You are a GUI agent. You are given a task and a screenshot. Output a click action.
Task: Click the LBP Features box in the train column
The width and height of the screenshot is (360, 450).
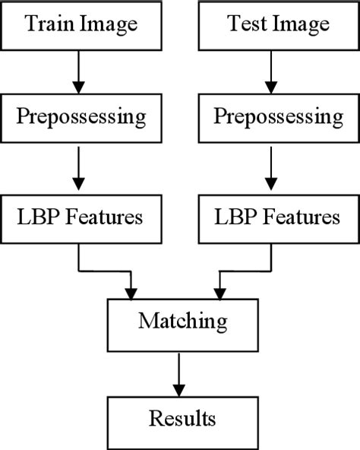coord(81,219)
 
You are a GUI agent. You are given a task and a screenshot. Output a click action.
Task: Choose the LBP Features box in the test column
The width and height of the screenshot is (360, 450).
coord(278,219)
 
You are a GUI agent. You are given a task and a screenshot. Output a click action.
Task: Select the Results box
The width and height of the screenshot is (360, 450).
coord(182,418)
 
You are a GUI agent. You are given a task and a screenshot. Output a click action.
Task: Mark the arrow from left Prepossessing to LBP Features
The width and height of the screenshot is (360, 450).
coord(77,169)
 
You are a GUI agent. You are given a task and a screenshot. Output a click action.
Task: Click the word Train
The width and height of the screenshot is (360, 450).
coord(49,25)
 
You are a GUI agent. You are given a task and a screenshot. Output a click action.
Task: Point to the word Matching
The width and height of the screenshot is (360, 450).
coord(182,322)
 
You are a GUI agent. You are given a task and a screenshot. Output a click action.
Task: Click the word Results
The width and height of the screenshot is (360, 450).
coord(182,418)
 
